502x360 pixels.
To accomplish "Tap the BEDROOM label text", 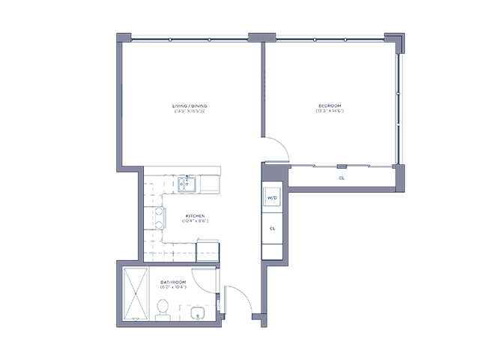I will point(330,106).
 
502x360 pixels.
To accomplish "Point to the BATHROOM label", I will point(173,281).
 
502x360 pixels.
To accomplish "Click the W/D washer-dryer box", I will point(271,198).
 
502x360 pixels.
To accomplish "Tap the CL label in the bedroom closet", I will point(341,178).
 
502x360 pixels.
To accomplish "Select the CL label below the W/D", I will point(272,227).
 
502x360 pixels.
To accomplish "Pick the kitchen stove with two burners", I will point(159,218).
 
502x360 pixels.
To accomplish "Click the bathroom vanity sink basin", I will point(198,313).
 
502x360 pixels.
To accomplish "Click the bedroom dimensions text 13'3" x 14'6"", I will point(330,112).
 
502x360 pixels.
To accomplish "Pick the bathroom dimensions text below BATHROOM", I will point(173,287).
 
